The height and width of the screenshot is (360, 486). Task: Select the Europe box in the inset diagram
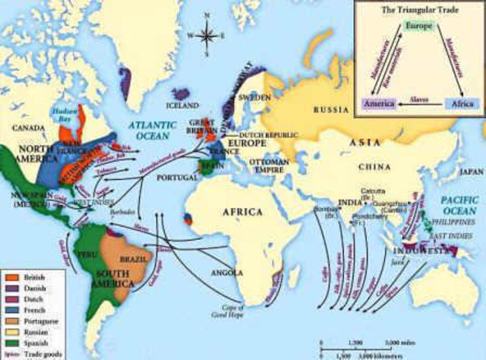418,27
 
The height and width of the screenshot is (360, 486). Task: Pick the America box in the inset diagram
377,103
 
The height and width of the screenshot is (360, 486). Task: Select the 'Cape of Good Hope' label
236,305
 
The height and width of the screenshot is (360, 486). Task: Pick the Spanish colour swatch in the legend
11,343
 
